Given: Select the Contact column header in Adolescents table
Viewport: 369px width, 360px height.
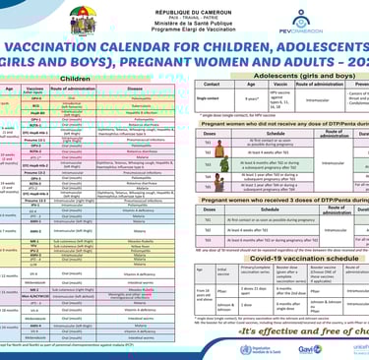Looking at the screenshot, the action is click(x=209, y=85).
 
